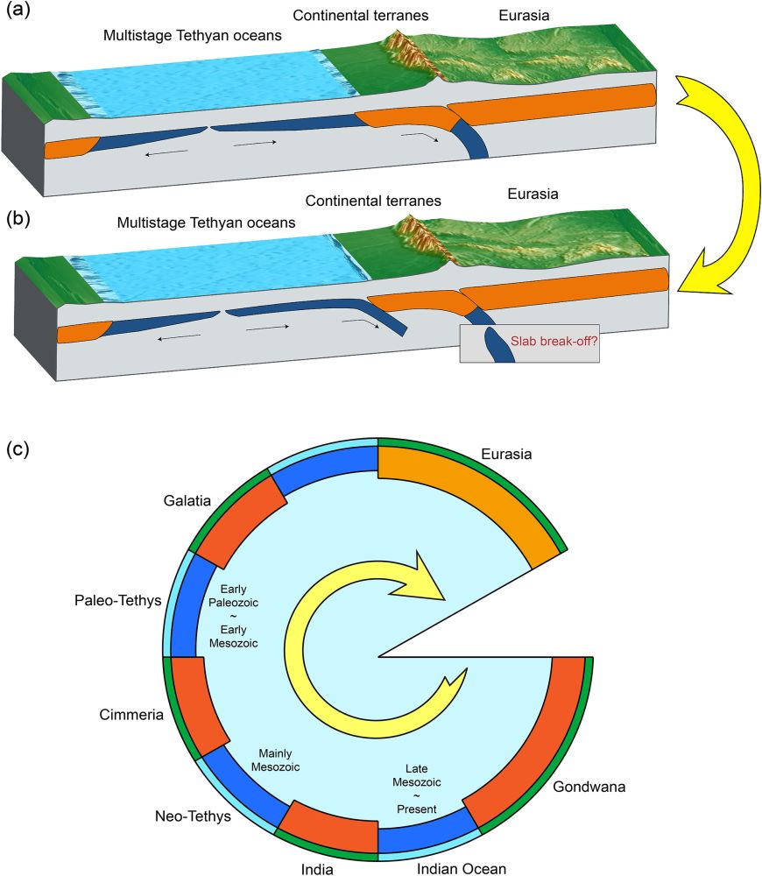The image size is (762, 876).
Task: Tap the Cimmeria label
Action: click(x=132, y=715)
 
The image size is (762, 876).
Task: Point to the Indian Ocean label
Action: click(x=462, y=868)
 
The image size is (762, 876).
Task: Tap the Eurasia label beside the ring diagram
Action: click(x=507, y=454)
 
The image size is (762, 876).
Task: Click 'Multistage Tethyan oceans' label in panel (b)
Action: click(x=207, y=223)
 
